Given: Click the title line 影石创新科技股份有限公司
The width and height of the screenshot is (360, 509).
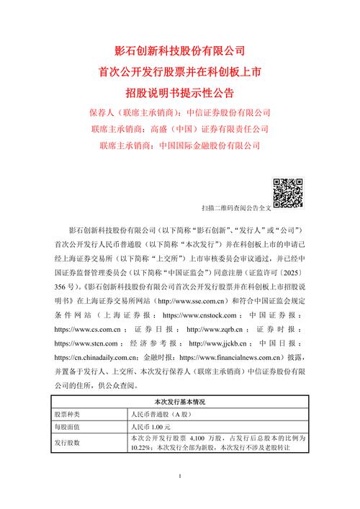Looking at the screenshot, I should [180, 52].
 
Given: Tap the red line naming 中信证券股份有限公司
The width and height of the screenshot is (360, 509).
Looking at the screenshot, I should [180, 113].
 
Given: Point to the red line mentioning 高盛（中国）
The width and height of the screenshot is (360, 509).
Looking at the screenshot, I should [180, 130].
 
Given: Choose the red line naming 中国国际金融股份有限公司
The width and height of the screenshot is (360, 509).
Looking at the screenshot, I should [180, 146].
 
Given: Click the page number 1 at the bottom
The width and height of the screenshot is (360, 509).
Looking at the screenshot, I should [180, 477].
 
